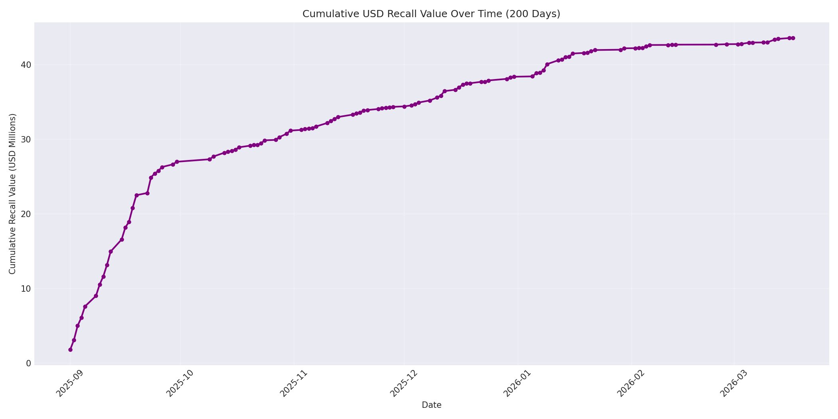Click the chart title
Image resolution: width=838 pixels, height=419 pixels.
click(431, 14)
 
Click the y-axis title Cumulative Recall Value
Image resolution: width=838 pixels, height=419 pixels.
click(13, 194)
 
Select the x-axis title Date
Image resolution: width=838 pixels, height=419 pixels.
click(431, 405)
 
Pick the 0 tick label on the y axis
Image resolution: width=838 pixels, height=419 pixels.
click(29, 363)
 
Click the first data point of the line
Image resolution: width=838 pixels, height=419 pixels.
click(70, 350)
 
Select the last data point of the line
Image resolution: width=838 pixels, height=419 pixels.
click(793, 38)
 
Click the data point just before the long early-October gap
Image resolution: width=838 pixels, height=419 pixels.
click(177, 162)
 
